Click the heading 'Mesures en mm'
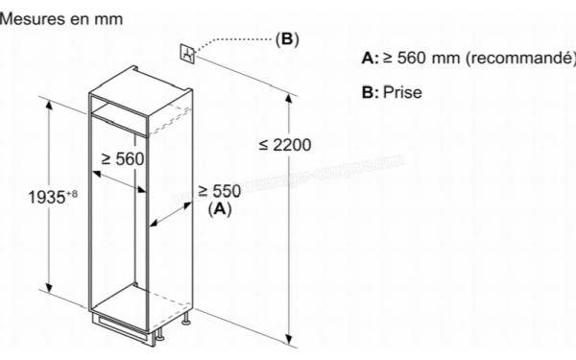[56, 16]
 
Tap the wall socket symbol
[187, 53]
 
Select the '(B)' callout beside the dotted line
[287, 39]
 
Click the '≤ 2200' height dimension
[285, 145]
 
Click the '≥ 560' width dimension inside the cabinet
[123, 159]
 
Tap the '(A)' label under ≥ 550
[219, 206]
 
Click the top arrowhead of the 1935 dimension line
[46, 99]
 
